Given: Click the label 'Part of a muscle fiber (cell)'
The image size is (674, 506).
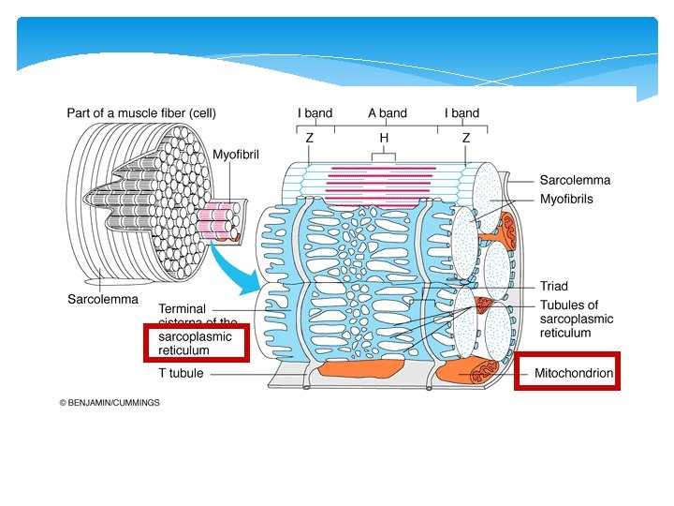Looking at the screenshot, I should pyautogui.click(x=141, y=113).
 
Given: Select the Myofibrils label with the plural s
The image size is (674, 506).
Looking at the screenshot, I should pyautogui.click(x=566, y=199).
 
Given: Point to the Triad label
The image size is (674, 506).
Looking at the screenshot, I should pyautogui.click(x=553, y=286).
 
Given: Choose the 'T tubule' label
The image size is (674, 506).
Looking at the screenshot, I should pyautogui.click(x=181, y=373).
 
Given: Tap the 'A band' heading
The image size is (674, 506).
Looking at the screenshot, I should pyautogui.click(x=387, y=113).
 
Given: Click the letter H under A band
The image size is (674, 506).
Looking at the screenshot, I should pyautogui.click(x=384, y=138).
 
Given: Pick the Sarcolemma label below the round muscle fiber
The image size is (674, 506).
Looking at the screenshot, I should pyautogui.click(x=102, y=300).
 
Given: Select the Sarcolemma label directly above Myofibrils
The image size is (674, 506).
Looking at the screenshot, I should pyautogui.click(x=575, y=180).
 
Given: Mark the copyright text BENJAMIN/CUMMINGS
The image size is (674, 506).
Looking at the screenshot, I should pyautogui.click(x=110, y=403).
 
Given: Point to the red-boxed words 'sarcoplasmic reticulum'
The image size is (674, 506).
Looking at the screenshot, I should pyautogui.click(x=195, y=343).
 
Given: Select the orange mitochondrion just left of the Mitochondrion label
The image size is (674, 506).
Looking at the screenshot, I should pyautogui.click(x=474, y=372).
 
